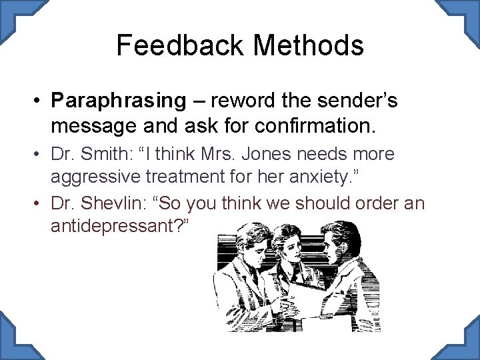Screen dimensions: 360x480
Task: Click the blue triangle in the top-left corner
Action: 11,11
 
